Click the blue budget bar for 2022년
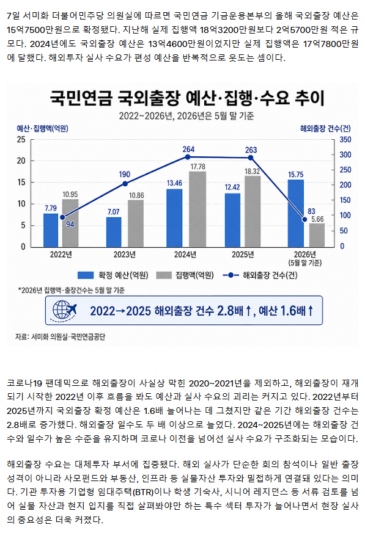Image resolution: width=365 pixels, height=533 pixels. coord(51,230)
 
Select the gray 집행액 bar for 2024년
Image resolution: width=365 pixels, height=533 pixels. coord(197,209)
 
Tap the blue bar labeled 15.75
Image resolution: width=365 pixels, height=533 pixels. coord(295,213)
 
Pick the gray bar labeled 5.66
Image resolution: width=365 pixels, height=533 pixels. coord(317,235)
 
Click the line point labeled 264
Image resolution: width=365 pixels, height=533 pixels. coord(188,157)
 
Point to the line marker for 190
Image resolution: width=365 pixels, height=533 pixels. coord(125,184)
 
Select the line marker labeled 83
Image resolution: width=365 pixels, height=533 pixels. coord(304,220)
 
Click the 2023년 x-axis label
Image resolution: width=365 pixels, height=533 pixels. coord(125,255)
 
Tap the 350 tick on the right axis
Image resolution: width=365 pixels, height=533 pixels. coord(345,139)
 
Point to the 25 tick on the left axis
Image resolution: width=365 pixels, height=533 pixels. coord(21,139)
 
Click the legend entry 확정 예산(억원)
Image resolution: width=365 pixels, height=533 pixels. coord(112,275)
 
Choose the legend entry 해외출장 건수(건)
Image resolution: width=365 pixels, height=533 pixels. coord(260,275)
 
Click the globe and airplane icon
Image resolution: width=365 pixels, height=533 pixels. coord(64,310)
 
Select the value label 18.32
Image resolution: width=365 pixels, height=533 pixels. coord(252,172)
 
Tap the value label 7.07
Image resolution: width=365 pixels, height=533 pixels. coord(113,212)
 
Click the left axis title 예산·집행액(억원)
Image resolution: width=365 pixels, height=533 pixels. coord(43,128)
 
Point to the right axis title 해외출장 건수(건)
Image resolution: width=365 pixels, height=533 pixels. coord(325,128)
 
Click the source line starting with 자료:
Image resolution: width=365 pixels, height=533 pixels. coord(61,336)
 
